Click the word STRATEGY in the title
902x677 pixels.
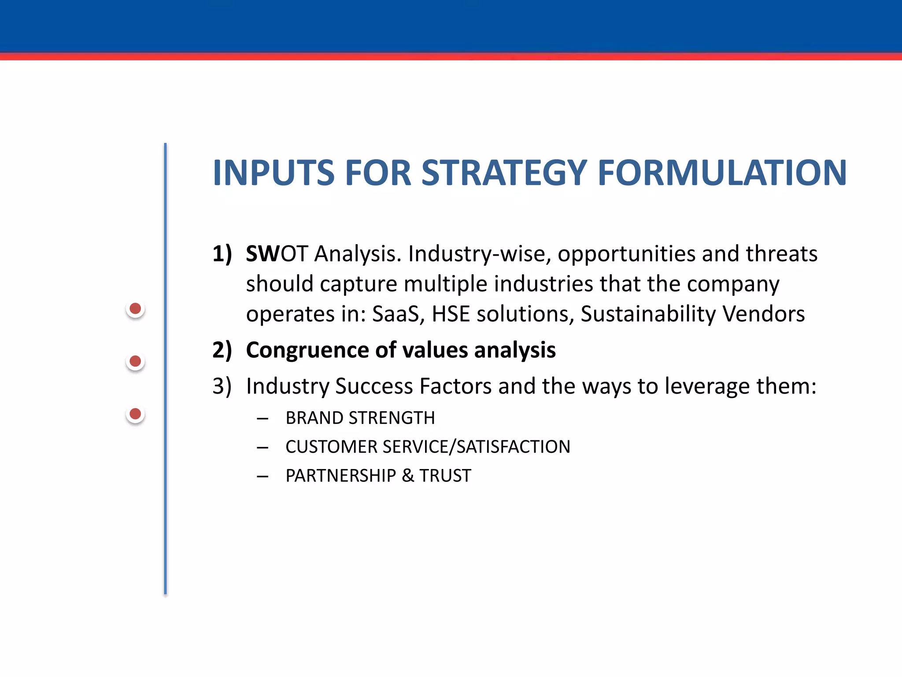(x=504, y=173)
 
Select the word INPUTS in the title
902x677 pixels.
(x=274, y=173)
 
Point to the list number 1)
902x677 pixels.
(x=222, y=254)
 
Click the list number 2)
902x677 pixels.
(x=222, y=350)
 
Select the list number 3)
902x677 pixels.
(x=222, y=386)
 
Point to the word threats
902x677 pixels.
(x=781, y=254)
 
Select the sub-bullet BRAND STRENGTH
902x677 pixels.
(x=360, y=418)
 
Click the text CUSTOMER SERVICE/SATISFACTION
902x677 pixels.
(x=428, y=447)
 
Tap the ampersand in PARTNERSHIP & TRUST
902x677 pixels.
(x=408, y=476)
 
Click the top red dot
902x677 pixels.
(x=135, y=309)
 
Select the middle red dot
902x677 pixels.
(x=135, y=361)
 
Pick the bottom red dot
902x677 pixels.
(x=135, y=414)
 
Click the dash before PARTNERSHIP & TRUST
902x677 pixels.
(x=262, y=476)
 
